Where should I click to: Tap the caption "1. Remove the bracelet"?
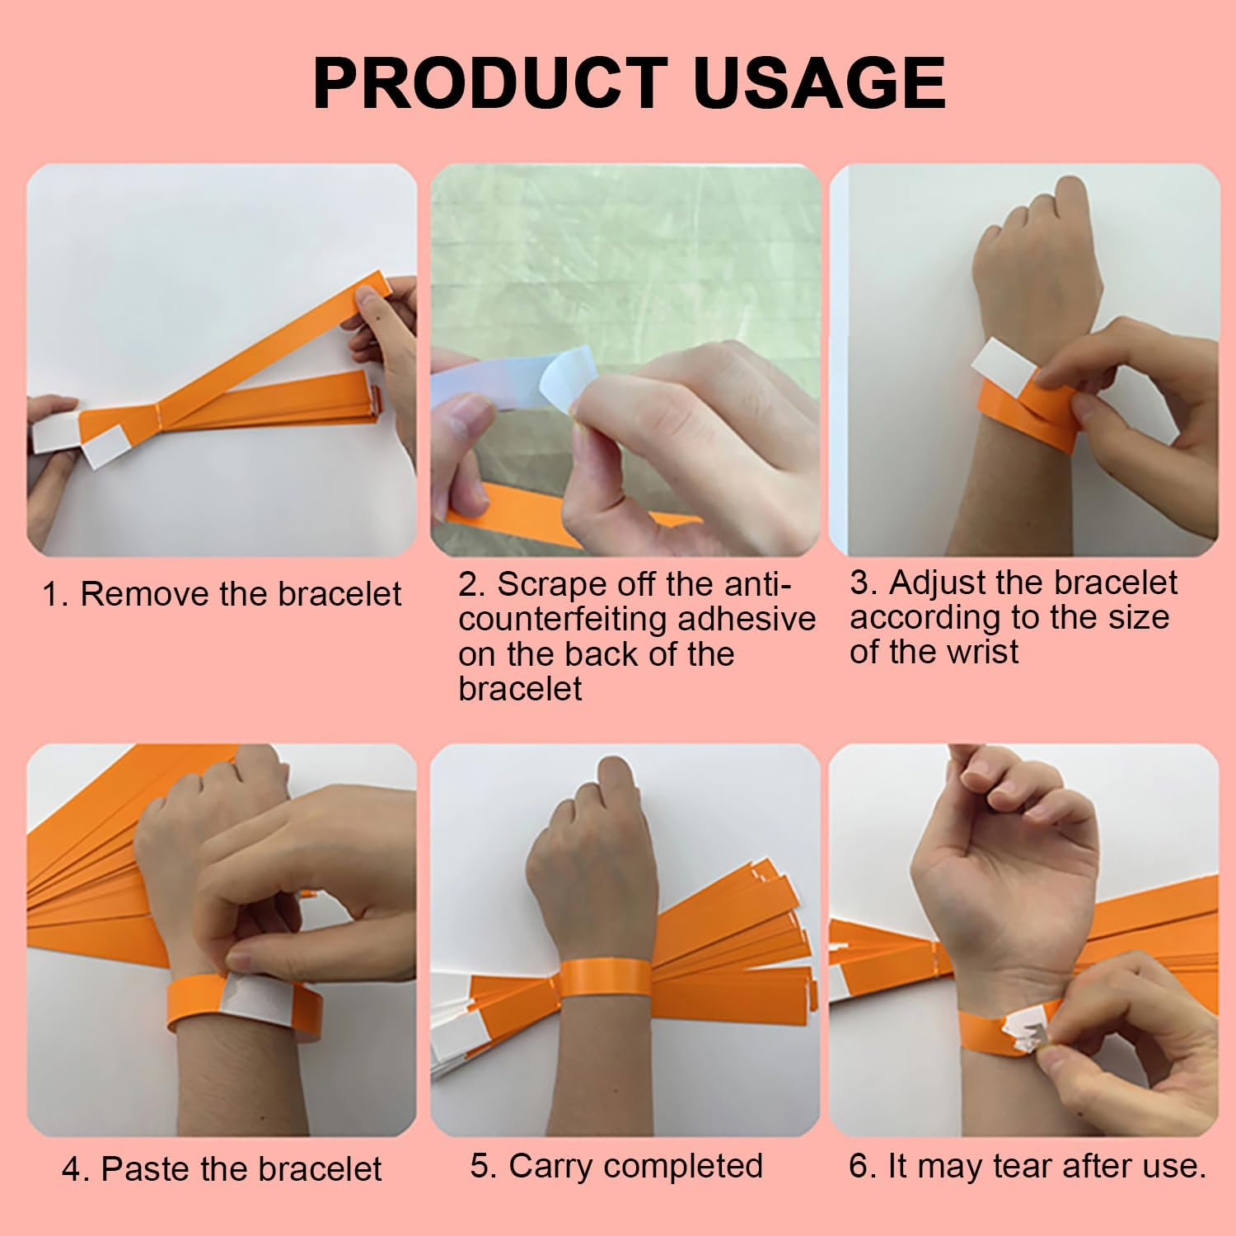222,593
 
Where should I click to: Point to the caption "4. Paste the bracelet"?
222,1168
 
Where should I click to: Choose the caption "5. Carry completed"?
616,1166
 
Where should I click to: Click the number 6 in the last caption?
858,1167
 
